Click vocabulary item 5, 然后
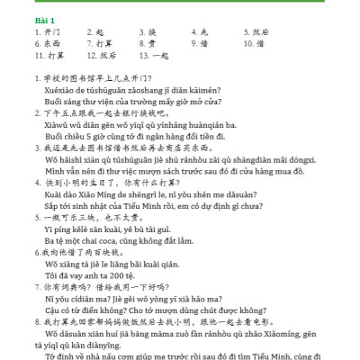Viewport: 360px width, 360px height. (x=258, y=31)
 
